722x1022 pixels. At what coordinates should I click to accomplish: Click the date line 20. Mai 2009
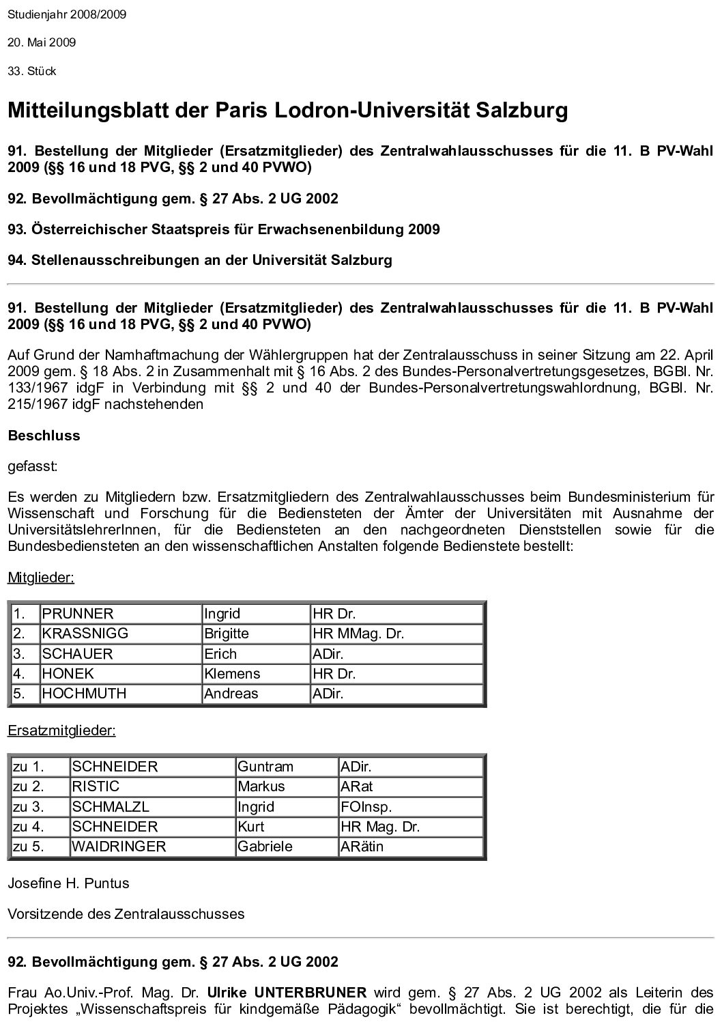(42, 42)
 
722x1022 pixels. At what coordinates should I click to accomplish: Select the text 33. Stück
(32, 71)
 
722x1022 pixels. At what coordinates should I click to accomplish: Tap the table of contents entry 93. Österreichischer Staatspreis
(223, 229)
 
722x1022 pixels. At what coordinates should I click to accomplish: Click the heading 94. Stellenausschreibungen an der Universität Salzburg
(200, 260)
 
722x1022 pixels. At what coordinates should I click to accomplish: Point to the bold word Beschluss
(44, 436)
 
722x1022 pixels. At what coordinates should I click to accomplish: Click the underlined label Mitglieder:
(41, 578)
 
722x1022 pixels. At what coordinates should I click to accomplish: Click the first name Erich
(220, 654)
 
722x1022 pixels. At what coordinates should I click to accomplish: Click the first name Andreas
(231, 694)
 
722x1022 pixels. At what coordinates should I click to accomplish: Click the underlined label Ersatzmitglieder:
(61, 731)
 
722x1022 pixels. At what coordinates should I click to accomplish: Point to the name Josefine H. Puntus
(68, 883)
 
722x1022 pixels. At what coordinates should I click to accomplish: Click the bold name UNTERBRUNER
(310, 993)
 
